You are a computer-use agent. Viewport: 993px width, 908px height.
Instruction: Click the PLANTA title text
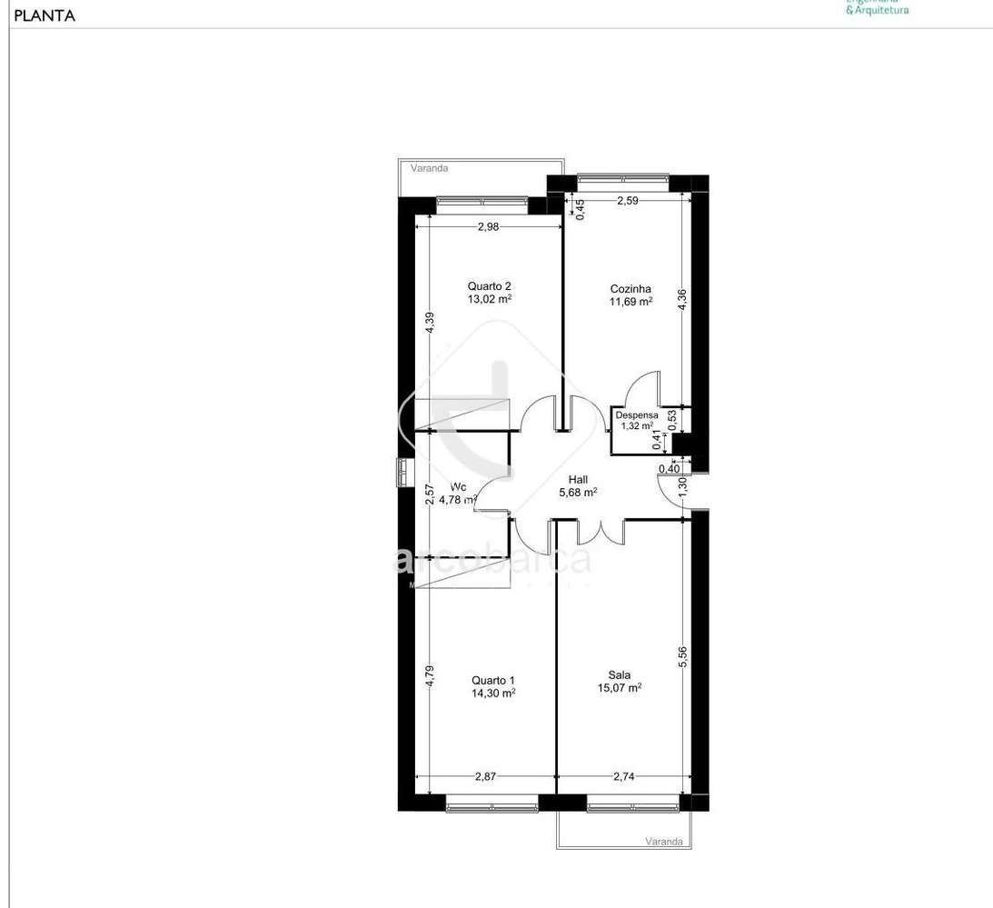point(45,15)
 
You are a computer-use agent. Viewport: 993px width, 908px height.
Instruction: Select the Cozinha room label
point(630,289)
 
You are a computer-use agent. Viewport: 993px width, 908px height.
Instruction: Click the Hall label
point(578,480)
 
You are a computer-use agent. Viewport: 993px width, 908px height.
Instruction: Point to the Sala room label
point(620,675)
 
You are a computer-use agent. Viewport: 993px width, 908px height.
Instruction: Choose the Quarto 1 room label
point(493,680)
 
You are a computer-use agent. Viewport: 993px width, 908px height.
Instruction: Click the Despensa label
point(637,414)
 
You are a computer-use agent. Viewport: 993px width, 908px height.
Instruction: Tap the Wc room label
point(458,486)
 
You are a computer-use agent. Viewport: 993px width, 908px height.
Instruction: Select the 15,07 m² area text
point(620,688)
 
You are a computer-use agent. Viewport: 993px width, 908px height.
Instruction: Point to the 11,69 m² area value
point(631,302)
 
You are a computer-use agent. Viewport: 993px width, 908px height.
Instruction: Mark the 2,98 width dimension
point(488,227)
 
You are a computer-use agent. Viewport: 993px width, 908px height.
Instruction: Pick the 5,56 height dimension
point(682,657)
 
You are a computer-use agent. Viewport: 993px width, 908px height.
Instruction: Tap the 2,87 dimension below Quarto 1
point(486,776)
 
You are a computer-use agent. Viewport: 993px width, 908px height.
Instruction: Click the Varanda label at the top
point(429,168)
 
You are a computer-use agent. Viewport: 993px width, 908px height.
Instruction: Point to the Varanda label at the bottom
point(663,842)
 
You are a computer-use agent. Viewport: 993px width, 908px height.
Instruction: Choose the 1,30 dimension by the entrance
point(684,486)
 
